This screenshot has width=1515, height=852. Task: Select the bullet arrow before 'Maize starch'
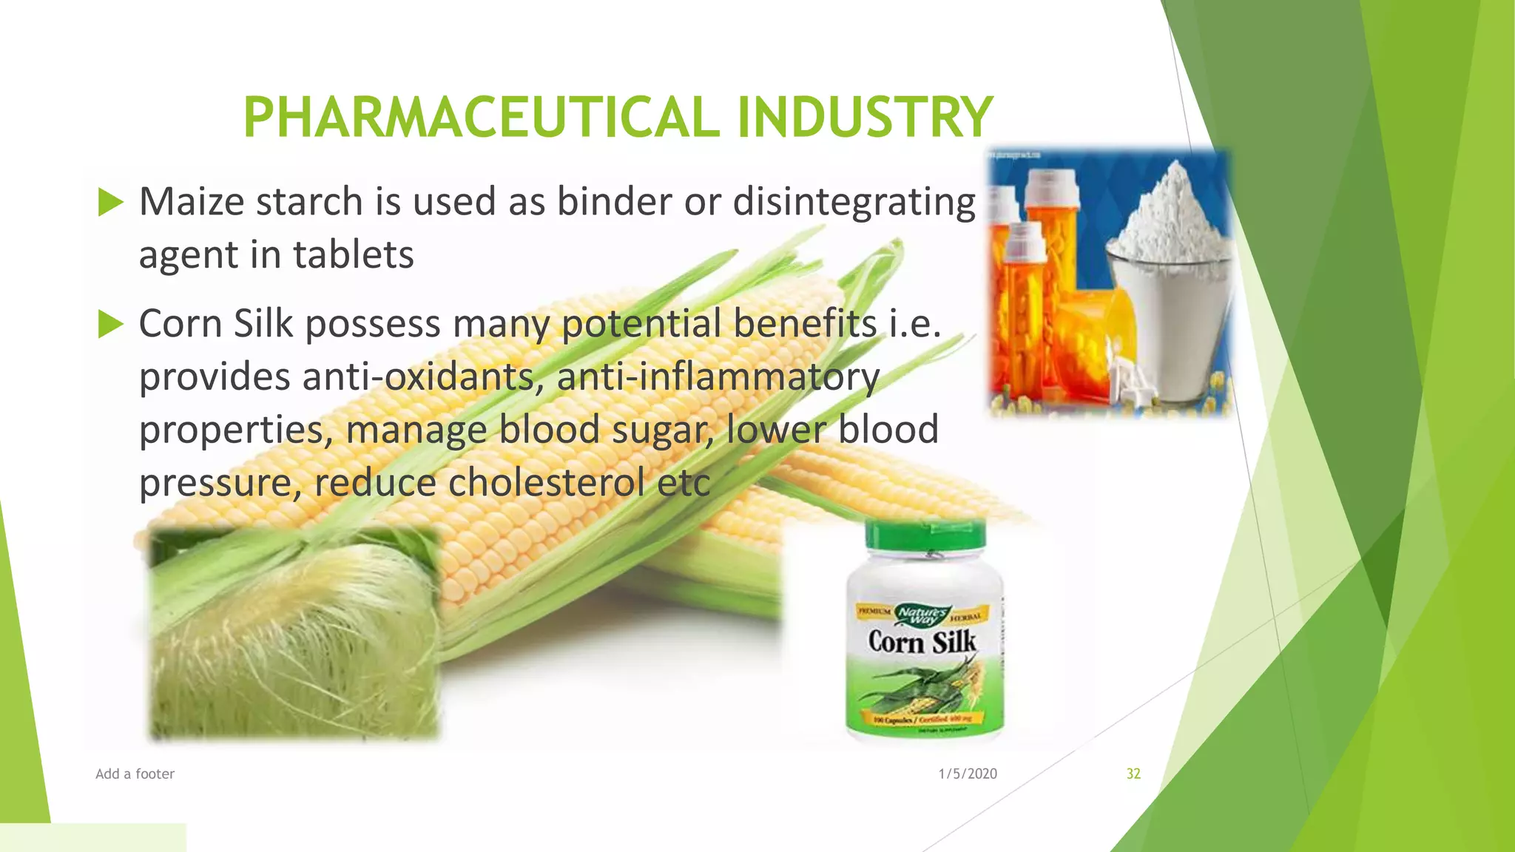[110, 202]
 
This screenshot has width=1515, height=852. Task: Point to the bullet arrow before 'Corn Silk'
[110, 324]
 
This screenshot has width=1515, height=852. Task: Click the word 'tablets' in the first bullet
[353, 255]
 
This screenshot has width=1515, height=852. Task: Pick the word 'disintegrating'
[854, 202]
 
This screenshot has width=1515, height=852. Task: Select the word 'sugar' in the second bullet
[661, 430]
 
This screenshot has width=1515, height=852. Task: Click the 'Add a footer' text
[135, 774]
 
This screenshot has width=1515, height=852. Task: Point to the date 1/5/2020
[968, 774]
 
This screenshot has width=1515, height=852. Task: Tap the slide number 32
[1133, 774]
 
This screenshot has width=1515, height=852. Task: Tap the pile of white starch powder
[1172, 214]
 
